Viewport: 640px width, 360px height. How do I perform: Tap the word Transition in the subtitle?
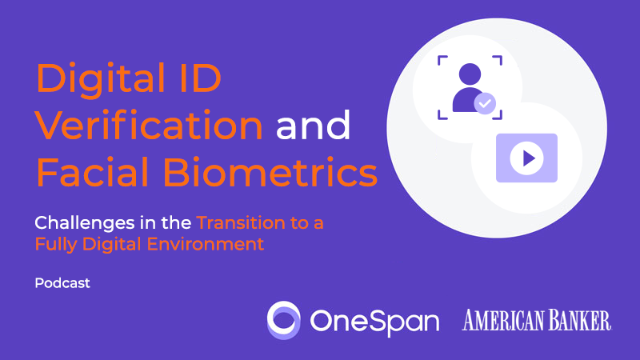click(x=240, y=223)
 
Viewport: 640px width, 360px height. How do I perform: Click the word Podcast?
click(x=62, y=283)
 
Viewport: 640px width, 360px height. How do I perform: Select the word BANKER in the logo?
click(x=579, y=320)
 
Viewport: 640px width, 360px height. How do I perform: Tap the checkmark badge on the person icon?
click(x=484, y=103)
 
